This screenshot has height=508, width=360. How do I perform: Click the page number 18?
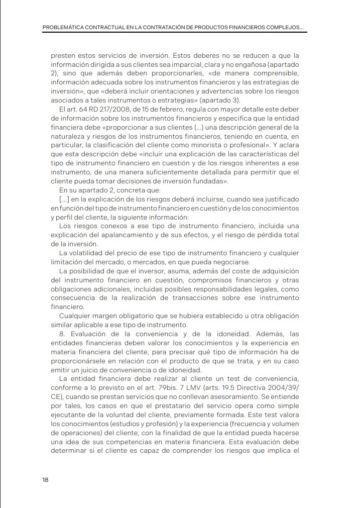tap(46, 479)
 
